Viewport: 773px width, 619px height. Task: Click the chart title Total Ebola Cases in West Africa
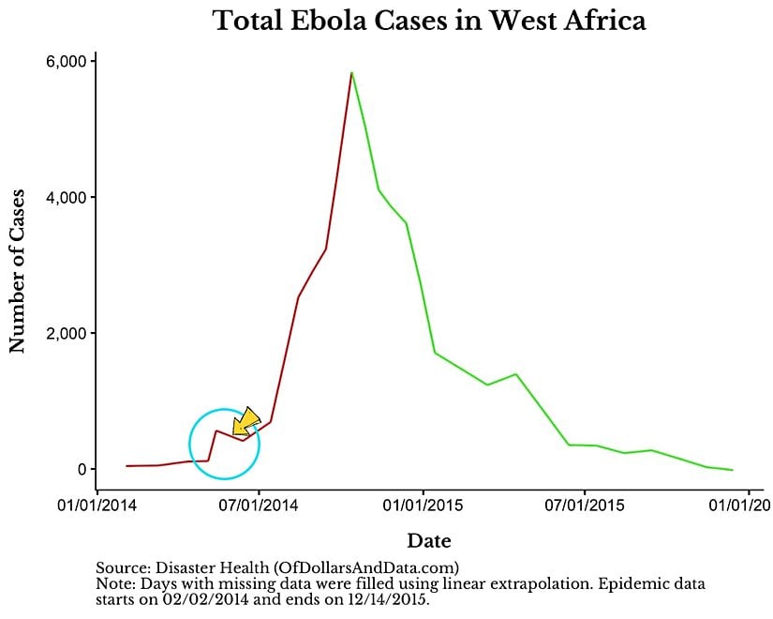(430, 21)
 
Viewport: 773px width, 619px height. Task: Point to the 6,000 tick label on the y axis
(67, 62)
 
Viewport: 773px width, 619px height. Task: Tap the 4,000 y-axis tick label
(67, 198)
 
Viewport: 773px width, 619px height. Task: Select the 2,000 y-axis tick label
(67, 334)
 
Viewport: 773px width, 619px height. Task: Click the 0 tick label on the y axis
(82, 470)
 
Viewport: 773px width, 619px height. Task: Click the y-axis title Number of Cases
(17, 266)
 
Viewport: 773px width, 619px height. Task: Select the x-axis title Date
(429, 541)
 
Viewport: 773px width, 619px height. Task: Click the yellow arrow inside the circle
(245, 422)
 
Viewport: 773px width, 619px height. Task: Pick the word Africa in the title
(604, 21)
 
